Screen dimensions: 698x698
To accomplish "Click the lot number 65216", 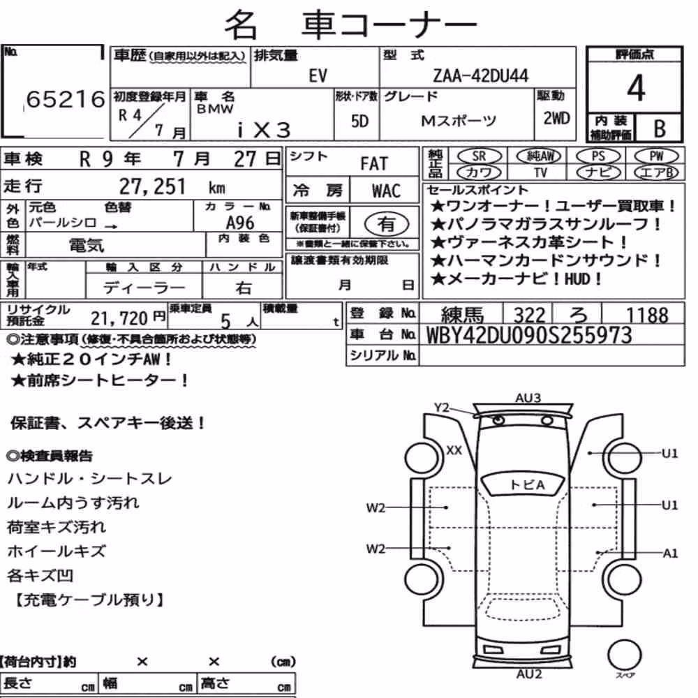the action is pos(66,99).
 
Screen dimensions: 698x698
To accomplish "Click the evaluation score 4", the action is pos(636,88).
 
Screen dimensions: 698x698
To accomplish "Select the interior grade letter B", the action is pos(660,128).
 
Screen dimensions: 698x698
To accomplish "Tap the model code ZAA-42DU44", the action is pos(481,75).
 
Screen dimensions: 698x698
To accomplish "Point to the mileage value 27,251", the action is pos(152,186).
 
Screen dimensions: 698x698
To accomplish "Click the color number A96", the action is pos(240,223).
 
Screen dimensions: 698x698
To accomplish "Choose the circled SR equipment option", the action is pos(479,156).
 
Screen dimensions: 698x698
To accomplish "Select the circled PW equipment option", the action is pos(656,156).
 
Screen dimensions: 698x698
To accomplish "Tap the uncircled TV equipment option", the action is pos(540,172).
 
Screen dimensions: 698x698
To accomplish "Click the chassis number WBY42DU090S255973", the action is pos(529,335).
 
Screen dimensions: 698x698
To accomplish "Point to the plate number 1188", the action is pos(647,315).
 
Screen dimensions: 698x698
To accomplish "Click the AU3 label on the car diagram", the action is pos(528,398).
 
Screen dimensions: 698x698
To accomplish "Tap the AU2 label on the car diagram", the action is pos(529,674).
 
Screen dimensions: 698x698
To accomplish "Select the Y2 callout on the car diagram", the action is pos(442,408).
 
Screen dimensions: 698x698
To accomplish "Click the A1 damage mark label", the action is pos(670,554).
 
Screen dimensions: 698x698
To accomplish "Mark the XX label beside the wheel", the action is pos(454,450).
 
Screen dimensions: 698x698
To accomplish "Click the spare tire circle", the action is pos(624,655).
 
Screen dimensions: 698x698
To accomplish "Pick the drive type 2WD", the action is pos(556,119).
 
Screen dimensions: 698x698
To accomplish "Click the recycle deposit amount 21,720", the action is pos(119,318).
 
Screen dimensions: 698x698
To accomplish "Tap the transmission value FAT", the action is pos(374,164).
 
